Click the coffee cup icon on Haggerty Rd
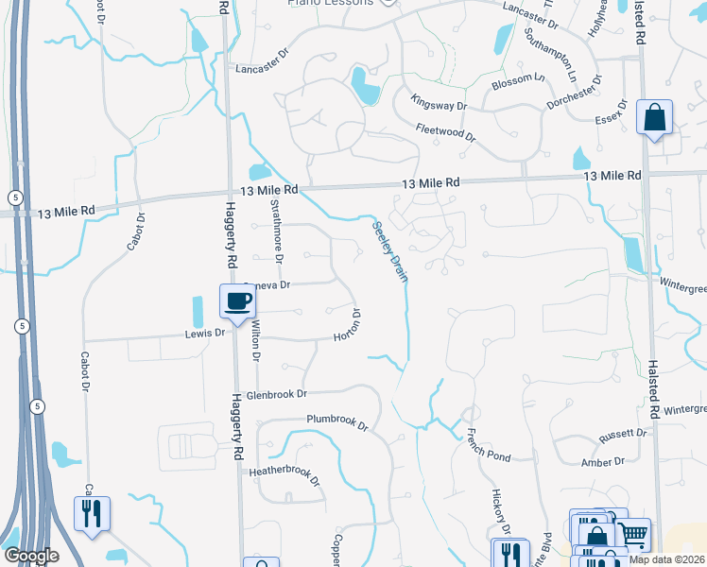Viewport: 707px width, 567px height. pyautogui.click(x=236, y=301)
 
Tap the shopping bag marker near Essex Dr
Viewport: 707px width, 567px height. pyautogui.click(x=654, y=117)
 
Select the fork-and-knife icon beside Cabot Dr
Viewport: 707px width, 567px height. pyautogui.click(x=92, y=513)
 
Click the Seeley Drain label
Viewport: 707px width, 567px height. pyautogui.click(x=389, y=251)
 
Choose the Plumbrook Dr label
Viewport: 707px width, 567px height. pyautogui.click(x=336, y=421)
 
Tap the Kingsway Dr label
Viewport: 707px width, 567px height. pyautogui.click(x=439, y=100)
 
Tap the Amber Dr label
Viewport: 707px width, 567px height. pyautogui.click(x=605, y=462)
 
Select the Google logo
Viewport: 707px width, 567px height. pyautogui.click(x=31, y=556)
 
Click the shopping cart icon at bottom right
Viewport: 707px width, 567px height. pyautogui.click(x=632, y=535)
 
